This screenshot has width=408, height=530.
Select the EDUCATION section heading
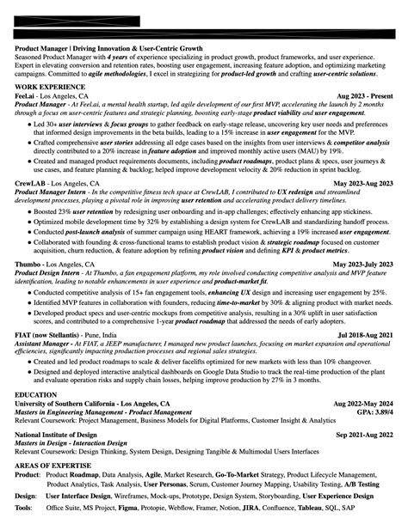pyautogui.click(x=36, y=394)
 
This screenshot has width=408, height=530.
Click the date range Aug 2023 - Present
pyautogui.click(x=365, y=96)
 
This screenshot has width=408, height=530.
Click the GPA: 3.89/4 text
pyautogui.click(x=374, y=411)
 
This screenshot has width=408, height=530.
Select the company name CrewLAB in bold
pyautogui.click(x=31, y=184)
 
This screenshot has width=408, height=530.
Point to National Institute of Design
pyautogui.click(x=54, y=436)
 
